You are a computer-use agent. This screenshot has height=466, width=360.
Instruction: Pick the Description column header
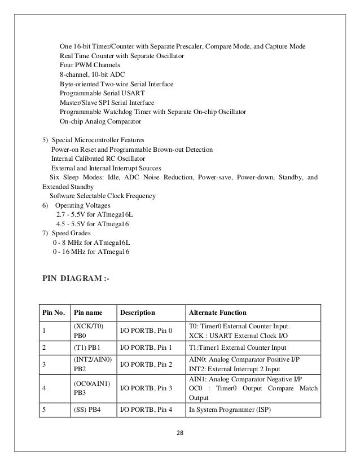137,313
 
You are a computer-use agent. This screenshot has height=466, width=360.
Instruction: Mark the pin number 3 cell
43,364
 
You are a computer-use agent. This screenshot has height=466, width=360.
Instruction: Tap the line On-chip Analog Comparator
100,121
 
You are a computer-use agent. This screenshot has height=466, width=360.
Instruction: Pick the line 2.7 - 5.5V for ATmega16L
94,214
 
